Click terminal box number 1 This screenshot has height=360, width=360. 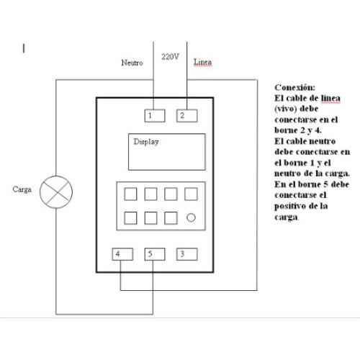pos(155,116)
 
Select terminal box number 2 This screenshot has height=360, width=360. pos(187,116)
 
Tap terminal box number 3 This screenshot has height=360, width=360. pos(187,254)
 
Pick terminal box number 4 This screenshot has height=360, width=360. pos(122,254)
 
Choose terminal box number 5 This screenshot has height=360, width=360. pos(155,254)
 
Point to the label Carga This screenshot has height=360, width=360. pos(22,189)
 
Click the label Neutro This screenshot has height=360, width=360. pos(132,63)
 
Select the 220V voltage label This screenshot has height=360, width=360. pos(170,57)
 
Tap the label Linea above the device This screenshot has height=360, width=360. pos(202,62)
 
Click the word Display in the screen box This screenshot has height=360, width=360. pos(146,142)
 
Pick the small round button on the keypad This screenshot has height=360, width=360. pos(191,217)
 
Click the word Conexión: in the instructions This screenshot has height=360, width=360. pos(294,87)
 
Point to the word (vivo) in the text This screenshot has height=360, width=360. pos(285,109)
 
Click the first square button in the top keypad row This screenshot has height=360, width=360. pos(130,194)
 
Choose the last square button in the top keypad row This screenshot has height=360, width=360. pos(191,194)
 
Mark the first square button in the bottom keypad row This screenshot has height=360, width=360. pos(130,218)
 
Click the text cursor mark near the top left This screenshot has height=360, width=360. pos(24,48)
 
